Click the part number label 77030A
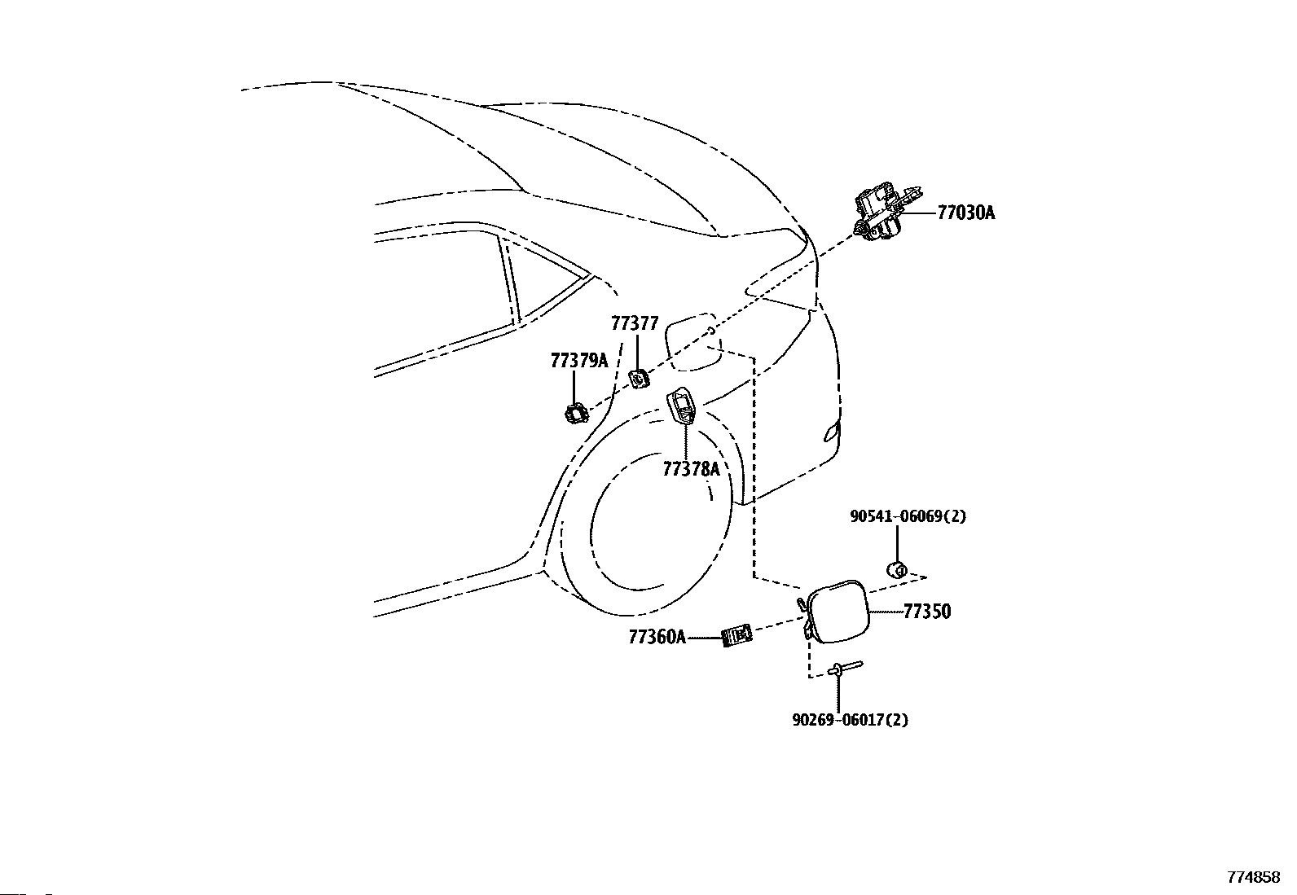[965, 213]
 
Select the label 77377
[635, 324]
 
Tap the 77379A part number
[579, 361]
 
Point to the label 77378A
[691, 469]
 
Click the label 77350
[927, 612]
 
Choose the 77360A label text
[657, 637]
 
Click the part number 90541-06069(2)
[908, 516]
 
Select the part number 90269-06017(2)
[850, 720]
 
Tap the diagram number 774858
[1254, 878]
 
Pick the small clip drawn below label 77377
[639, 379]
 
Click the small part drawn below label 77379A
[577, 414]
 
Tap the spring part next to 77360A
[738, 634]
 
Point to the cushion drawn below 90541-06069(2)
[897, 569]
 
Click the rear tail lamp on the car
[830, 432]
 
